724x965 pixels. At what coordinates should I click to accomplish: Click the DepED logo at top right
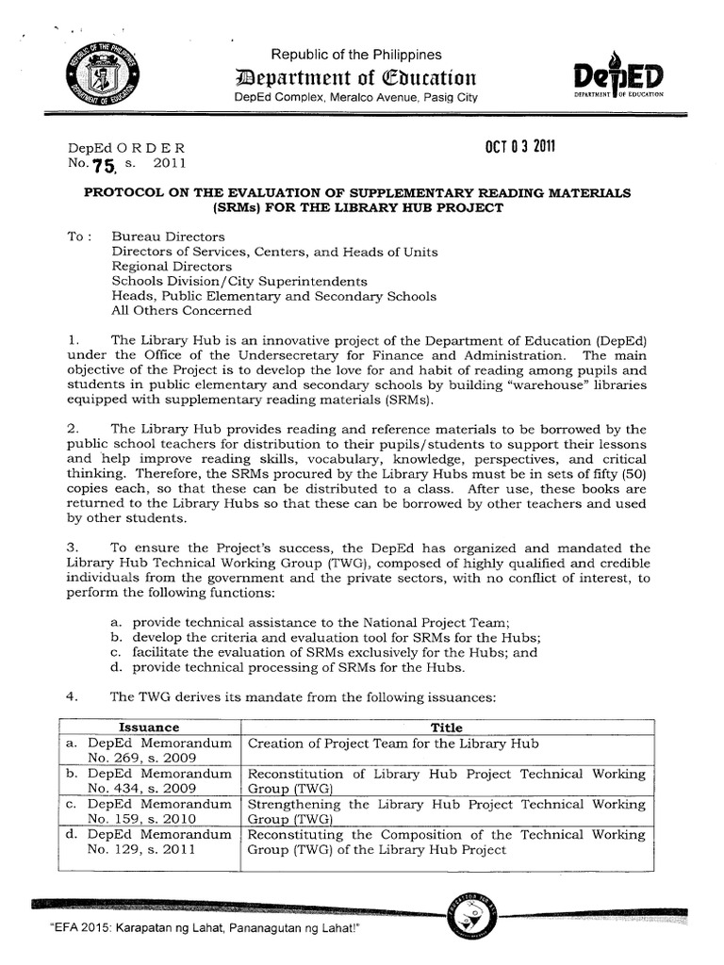(617, 74)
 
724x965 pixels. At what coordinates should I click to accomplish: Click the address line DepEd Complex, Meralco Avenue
(356, 97)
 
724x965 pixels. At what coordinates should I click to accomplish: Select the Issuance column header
(148, 728)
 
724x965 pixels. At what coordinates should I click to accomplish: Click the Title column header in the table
(447, 728)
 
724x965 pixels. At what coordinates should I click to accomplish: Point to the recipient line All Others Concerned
(182, 310)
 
